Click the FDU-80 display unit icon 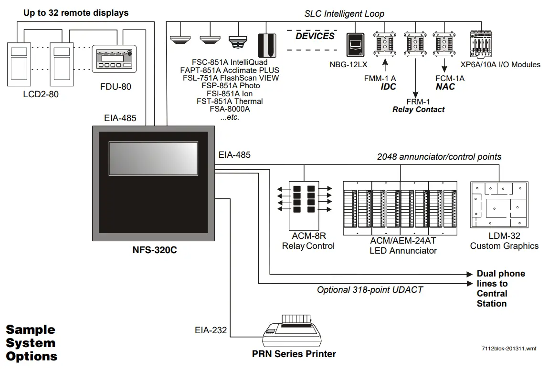pyautogui.click(x=114, y=60)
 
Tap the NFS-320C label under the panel pyautogui.click(x=154, y=250)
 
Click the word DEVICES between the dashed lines pyautogui.click(x=315, y=37)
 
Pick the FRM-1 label pyautogui.click(x=418, y=102)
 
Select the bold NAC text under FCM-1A pyautogui.click(x=445, y=87)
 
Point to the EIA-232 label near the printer pyautogui.click(x=211, y=330)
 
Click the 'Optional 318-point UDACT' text pyautogui.click(x=370, y=289)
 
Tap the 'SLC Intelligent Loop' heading pyautogui.click(x=344, y=14)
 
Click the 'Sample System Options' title pyautogui.click(x=31, y=343)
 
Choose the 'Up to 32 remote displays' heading pyautogui.click(x=76, y=13)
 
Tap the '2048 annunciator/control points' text pyautogui.click(x=439, y=156)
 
